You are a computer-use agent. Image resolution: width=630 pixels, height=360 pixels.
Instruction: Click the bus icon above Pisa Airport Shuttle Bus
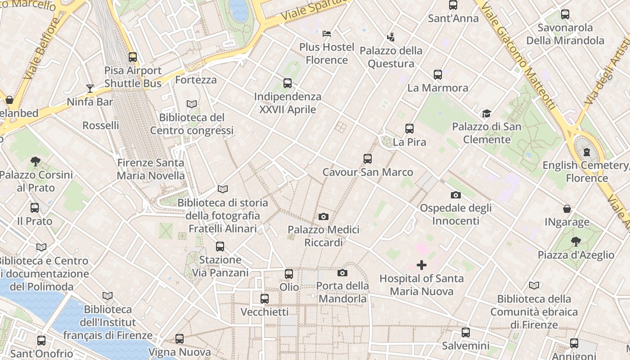(x=133, y=57)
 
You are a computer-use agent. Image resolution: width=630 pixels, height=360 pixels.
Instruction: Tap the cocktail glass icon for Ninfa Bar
(x=90, y=88)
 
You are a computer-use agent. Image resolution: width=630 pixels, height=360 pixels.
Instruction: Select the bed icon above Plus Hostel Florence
(x=327, y=34)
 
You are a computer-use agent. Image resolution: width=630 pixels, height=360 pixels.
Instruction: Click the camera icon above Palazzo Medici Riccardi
(x=323, y=217)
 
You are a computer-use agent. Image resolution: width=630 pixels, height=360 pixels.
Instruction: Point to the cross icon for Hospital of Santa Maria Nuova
(x=422, y=265)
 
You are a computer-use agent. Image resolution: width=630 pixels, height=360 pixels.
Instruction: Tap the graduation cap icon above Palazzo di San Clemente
(x=486, y=113)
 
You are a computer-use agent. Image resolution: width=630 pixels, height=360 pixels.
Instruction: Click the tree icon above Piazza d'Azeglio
(x=576, y=242)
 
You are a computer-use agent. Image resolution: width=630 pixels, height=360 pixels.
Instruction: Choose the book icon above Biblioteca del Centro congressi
(x=192, y=104)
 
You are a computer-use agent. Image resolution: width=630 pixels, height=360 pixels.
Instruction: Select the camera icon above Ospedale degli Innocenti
(x=456, y=195)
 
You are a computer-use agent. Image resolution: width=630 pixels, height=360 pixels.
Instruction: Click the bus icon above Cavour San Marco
(x=368, y=159)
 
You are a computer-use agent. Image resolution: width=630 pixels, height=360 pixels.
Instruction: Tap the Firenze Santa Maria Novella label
(x=151, y=169)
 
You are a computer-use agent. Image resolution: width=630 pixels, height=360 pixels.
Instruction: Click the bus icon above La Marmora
(x=438, y=75)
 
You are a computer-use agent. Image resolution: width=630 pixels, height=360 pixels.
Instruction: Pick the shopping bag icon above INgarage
(x=567, y=209)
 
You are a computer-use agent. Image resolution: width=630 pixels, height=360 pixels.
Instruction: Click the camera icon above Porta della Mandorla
(x=342, y=273)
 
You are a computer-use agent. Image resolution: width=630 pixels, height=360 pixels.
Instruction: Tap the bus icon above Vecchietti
(x=265, y=299)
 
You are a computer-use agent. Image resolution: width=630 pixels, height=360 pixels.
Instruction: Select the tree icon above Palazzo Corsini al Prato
(x=36, y=162)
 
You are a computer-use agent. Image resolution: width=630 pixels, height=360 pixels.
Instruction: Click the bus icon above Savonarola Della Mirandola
(x=565, y=14)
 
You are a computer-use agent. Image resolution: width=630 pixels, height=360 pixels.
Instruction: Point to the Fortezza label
(x=196, y=80)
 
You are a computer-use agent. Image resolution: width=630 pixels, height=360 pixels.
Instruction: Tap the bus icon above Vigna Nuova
(x=180, y=339)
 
